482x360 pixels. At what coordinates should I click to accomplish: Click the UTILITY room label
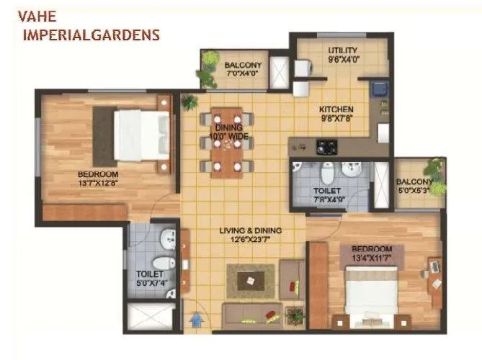342,50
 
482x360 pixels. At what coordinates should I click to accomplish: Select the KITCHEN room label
336,110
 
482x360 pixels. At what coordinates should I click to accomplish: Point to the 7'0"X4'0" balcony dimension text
241,75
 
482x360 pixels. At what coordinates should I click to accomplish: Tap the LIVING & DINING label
250,231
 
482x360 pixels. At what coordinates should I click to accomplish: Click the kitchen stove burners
326,147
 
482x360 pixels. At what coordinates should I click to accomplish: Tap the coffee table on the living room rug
250,280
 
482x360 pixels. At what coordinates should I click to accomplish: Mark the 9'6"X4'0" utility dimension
343,60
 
